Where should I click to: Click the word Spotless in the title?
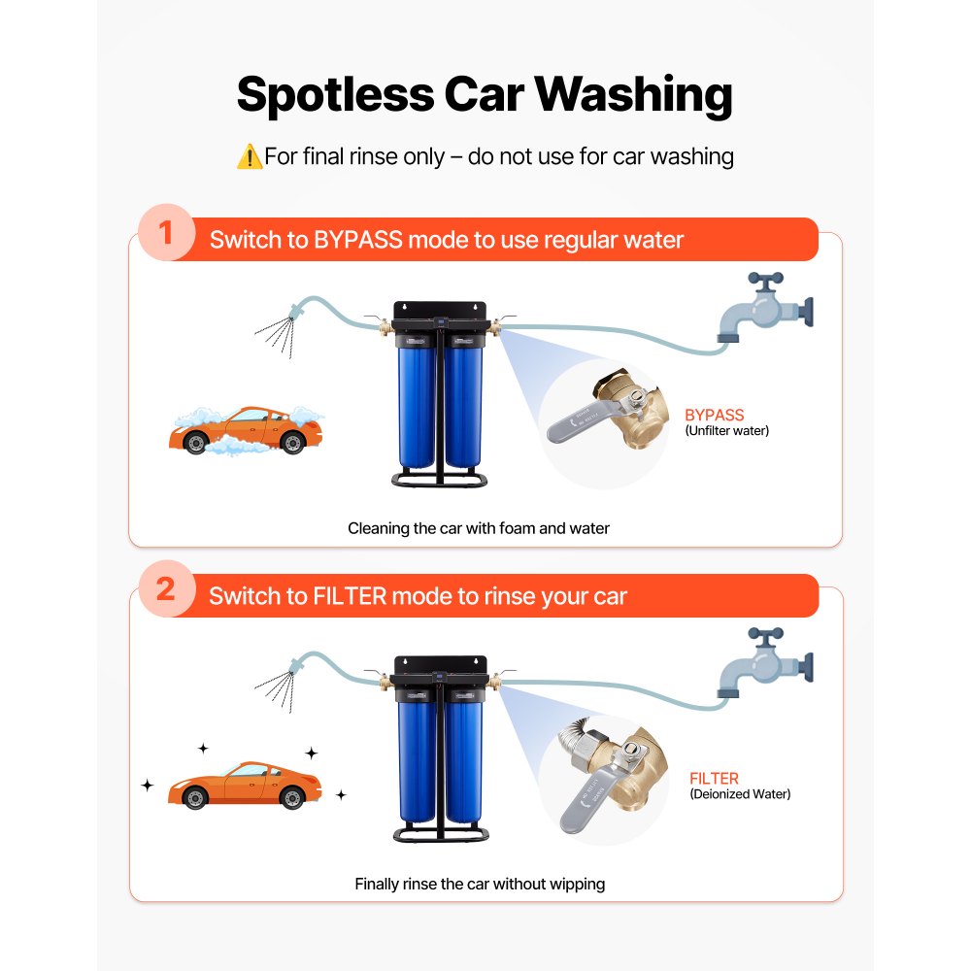pos(334,95)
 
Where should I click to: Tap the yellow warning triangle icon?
pos(249,156)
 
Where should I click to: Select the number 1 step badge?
pos(166,235)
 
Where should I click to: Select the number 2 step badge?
pos(166,590)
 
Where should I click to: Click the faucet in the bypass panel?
pos(762,309)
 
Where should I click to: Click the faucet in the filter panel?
pos(762,663)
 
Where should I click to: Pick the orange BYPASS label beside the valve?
pos(714,415)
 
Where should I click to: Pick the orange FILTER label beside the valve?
pos(714,778)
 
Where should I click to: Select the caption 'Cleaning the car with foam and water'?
pos(479,528)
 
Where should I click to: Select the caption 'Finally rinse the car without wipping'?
pos(480,884)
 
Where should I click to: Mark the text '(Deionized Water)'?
pos(740,794)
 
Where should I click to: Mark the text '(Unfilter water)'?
pos(726,430)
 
